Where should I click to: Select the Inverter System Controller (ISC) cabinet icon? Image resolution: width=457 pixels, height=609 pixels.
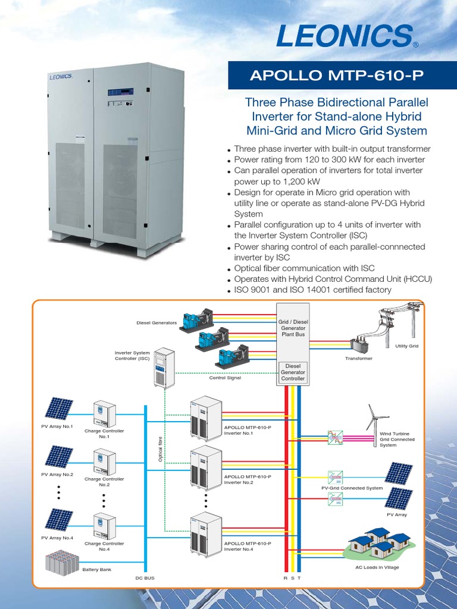click(x=164, y=368)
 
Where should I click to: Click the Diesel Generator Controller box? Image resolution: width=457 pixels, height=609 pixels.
click(x=293, y=372)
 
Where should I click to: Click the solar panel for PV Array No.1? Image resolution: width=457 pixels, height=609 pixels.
click(x=59, y=409)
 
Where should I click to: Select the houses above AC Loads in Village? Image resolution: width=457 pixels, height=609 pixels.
click(x=378, y=542)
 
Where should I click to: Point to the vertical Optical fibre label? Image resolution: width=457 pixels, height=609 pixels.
click(x=160, y=448)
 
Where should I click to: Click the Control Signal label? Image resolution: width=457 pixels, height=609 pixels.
click(x=225, y=378)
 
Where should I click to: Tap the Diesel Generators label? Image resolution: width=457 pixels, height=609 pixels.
click(x=156, y=323)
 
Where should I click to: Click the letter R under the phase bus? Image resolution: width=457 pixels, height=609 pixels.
click(x=285, y=578)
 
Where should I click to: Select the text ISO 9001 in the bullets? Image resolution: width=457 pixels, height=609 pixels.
click(x=252, y=290)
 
